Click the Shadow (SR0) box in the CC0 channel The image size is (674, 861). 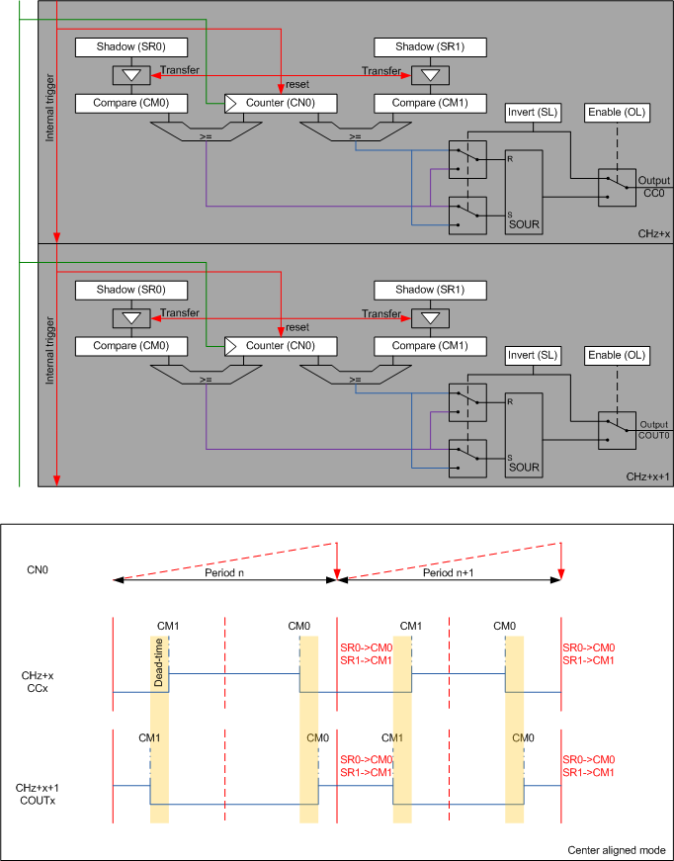coord(131,47)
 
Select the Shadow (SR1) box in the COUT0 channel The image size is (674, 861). coord(430,291)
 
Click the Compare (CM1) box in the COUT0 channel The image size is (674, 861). coord(430,346)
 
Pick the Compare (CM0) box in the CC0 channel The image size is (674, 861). coord(131,102)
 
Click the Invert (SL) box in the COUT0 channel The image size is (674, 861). coord(534,355)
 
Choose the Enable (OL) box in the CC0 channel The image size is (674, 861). coord(616,112)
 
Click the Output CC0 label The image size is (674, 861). coord(653,187)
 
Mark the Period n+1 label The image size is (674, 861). coord(451,573)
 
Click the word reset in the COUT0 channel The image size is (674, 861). coord(297,327)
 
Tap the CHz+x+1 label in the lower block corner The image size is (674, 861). coord(647,476)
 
